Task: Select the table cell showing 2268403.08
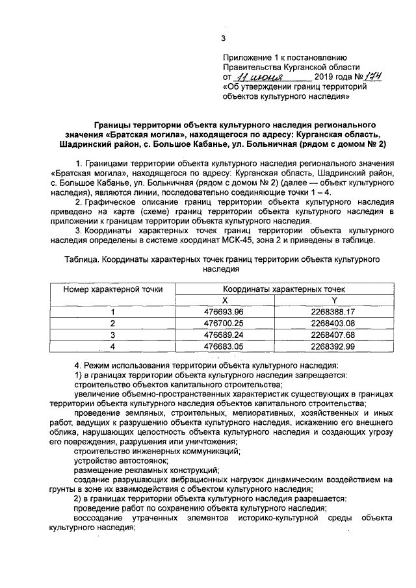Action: pyautogui.click(x=333, y=323)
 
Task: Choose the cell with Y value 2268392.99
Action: pyautogui.click(x=333, y=346)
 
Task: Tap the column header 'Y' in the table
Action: pyautogui.click(x=333, y=300)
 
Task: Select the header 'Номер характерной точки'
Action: pyautogui.click(x=112, y=289)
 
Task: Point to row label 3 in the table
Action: pyautogui.click(x=112, y=335)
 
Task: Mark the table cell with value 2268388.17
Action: pyautogui.click(x=333, y=312)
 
